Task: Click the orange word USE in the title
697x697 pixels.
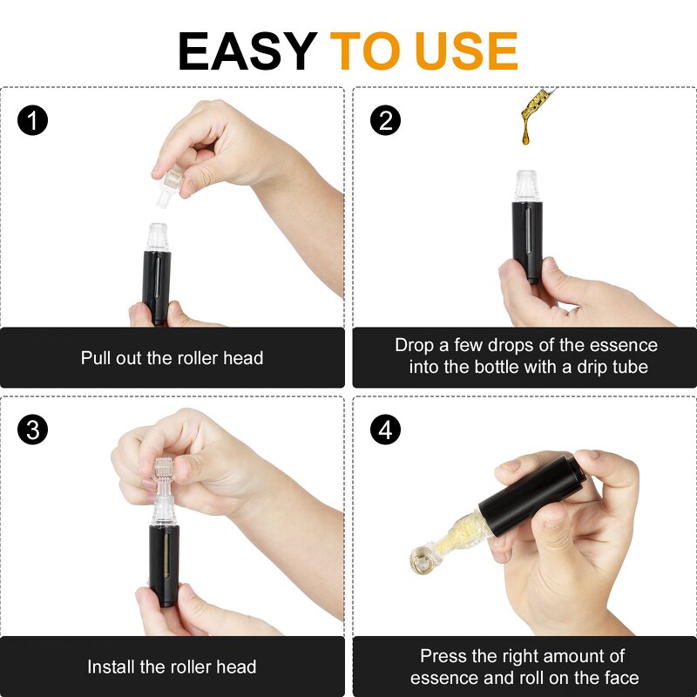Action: [x=466, y=51]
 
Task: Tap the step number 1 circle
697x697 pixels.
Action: [x=33, y=120]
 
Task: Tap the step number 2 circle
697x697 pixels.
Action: [x=386, y=120]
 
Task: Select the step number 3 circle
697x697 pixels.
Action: [x=33, y=430]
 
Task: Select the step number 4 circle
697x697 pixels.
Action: [x=386, y=430]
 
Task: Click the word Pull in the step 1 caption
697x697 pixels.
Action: [x=97, y=358]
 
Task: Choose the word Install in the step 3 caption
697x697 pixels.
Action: [x=114, y=667]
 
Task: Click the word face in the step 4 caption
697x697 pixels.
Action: [x=620, y=678]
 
